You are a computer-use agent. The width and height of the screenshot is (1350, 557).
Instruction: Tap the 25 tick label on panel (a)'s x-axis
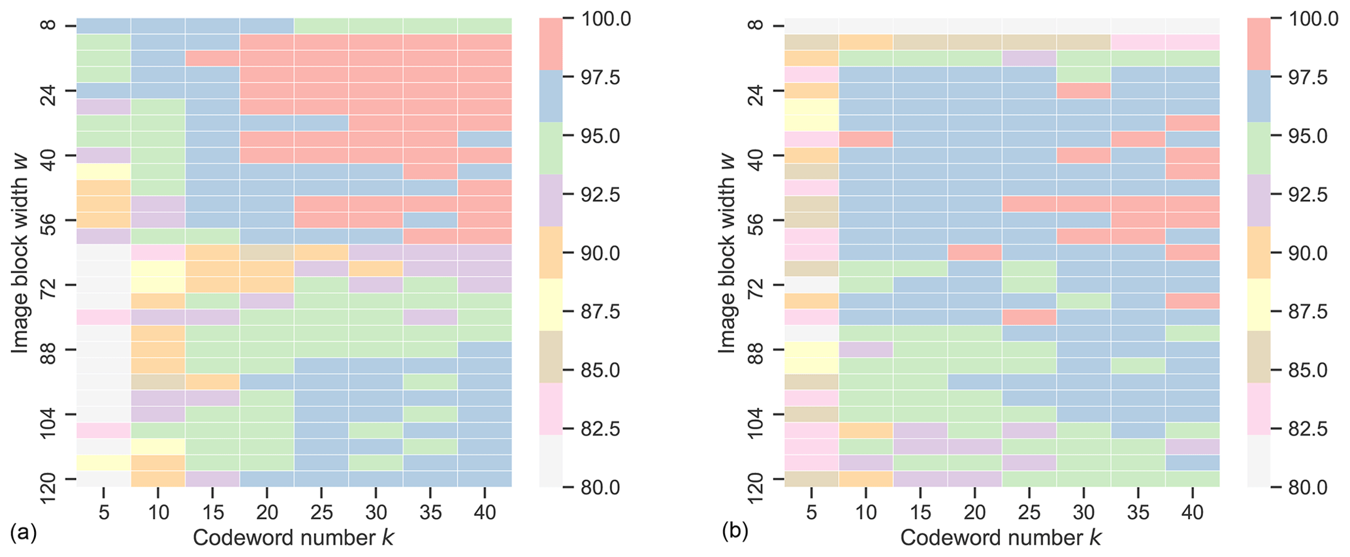[x=321, y=513]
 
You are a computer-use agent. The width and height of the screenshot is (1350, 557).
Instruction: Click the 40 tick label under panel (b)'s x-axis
[x=1192, y=513]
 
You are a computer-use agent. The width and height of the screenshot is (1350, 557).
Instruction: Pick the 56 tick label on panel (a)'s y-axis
[x=50, y=220]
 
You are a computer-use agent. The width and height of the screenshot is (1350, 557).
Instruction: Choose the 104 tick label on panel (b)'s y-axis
[x=758, y=414]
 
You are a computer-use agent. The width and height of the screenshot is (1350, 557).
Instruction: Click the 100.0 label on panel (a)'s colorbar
[x=606, y=20]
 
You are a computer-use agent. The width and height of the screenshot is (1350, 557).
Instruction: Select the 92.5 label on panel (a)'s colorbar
[x=606, y=195]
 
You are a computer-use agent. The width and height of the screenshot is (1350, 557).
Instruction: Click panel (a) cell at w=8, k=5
[x=104, y=26]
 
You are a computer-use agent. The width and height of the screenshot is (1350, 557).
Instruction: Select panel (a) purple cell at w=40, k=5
[x=104, y=155]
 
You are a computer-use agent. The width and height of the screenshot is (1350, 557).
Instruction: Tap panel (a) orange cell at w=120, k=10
[x=158, y=479]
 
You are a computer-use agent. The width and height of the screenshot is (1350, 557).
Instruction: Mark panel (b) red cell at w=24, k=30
[x=1084, y=91]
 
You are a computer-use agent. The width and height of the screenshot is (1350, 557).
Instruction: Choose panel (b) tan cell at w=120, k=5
[x=811, y=479]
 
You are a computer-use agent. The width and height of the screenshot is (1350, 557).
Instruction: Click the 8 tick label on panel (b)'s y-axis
[x=758, y=26]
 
